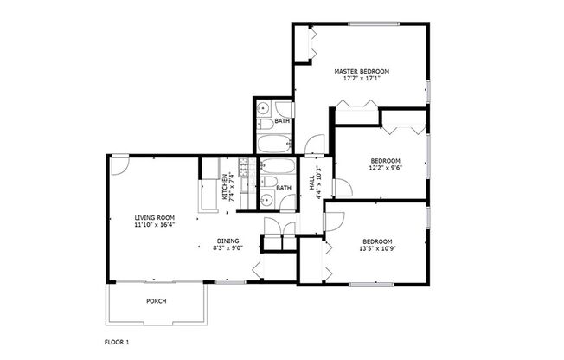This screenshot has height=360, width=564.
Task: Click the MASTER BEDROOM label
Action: pyautogui.click(x=362, y=70)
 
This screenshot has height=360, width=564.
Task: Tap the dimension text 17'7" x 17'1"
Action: pyautogui.click(x=362, y=78)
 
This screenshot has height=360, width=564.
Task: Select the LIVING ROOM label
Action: pyautogui.click(x=155, y=217)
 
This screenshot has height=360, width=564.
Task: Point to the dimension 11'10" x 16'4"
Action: pyautogui.click(x=155, y=225)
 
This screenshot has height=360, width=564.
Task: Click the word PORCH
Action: pyautogui.click(x=156, y=301)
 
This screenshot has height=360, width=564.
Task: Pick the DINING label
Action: pyautogui.click(x=228, y=241)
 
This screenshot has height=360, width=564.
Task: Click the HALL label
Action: pyautogui.click(x=311, y=183)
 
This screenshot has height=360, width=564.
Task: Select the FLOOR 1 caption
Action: pyautogui.click(x=117, y=343)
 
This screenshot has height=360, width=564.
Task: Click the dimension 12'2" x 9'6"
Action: pyautogui.click(x=385, y=168)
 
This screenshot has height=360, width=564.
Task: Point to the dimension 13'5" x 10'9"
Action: pyautogui.click(x=377, y=248)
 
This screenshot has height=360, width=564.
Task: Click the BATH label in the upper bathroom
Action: pyautogui.click(x=282, y=122)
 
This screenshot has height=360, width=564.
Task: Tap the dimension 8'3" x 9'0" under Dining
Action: pyautogui.click(x=228, y=248)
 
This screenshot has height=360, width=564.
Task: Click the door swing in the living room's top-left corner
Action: pyautogui.click(x=119, y=163)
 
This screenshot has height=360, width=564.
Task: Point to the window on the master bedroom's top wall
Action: pyautogui.click(x=373, y=23)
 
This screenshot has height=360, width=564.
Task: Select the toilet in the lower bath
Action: pyautogui.click(x=285, y=202)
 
